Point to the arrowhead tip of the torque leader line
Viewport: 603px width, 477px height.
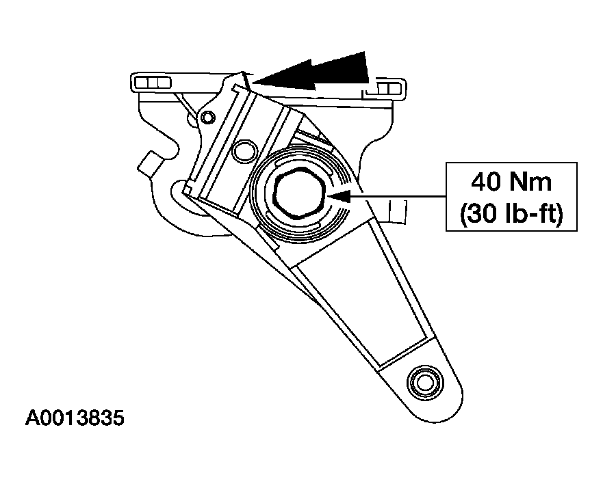[x=331, y=197]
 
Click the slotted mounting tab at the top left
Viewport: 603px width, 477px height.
[x=151, y=82]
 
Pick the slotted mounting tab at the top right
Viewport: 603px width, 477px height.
[x=388, y=89]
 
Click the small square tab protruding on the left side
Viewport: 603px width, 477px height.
[x=150, y=163]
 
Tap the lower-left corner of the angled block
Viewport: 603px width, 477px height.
[x=188, y=189]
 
